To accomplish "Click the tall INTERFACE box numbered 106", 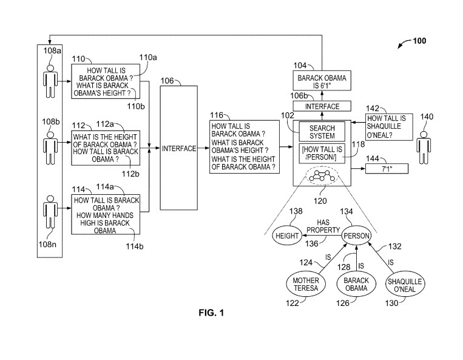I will [x=178, y=148].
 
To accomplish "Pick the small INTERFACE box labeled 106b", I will [x=322, y=106].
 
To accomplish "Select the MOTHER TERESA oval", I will [x=306, y=285].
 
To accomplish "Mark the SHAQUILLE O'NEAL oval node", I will [x=405, y=285].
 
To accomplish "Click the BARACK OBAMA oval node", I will [x=356, y=285].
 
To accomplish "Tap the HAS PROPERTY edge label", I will [x=320, y=226].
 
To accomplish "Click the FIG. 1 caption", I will [x=211, y=313].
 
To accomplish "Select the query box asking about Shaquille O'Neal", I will [x=388, y=126].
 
